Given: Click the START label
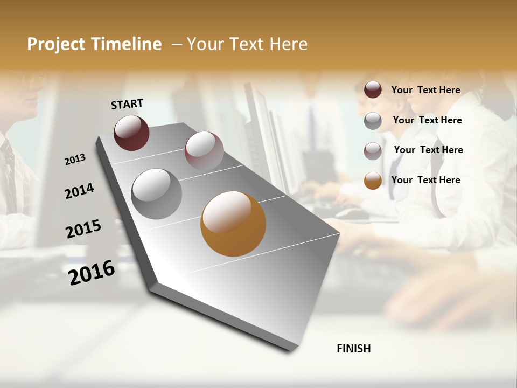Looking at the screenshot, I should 127,104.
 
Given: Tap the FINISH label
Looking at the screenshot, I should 353,349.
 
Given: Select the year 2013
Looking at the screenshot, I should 75,160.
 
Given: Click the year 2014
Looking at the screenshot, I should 79,191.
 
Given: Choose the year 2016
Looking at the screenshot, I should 92,273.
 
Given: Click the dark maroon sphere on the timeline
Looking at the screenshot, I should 131,133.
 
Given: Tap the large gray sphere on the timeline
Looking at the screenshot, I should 157,194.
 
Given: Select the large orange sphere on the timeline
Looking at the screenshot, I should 233,224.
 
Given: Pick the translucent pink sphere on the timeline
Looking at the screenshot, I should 204,151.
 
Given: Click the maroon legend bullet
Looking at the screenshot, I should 373,89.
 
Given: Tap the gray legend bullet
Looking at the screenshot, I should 373,121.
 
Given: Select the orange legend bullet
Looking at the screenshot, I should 373,181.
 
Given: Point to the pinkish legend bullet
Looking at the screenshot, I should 373,151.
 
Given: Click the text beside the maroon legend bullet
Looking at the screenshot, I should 425,90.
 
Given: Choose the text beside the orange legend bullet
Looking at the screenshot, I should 425,180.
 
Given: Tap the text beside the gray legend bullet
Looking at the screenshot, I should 427,120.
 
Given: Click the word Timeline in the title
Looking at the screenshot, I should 127,44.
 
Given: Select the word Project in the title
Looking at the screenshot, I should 55,44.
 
